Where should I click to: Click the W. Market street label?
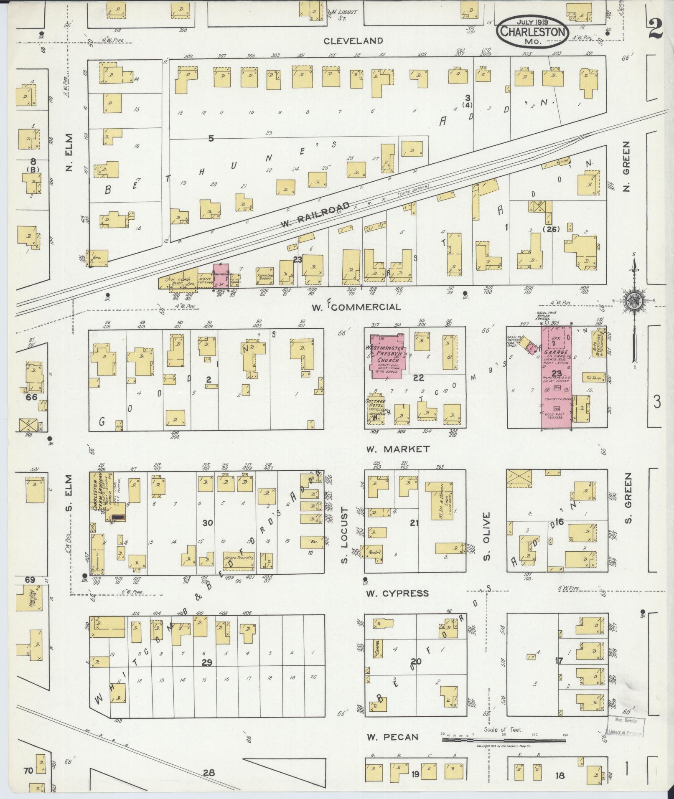click(397, 449)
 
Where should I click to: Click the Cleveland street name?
click(354, 41)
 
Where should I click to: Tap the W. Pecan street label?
click(392, 737)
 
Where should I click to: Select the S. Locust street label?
click(345, 535)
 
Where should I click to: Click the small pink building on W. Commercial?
click(220, 275)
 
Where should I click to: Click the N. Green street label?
click(626, 166)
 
